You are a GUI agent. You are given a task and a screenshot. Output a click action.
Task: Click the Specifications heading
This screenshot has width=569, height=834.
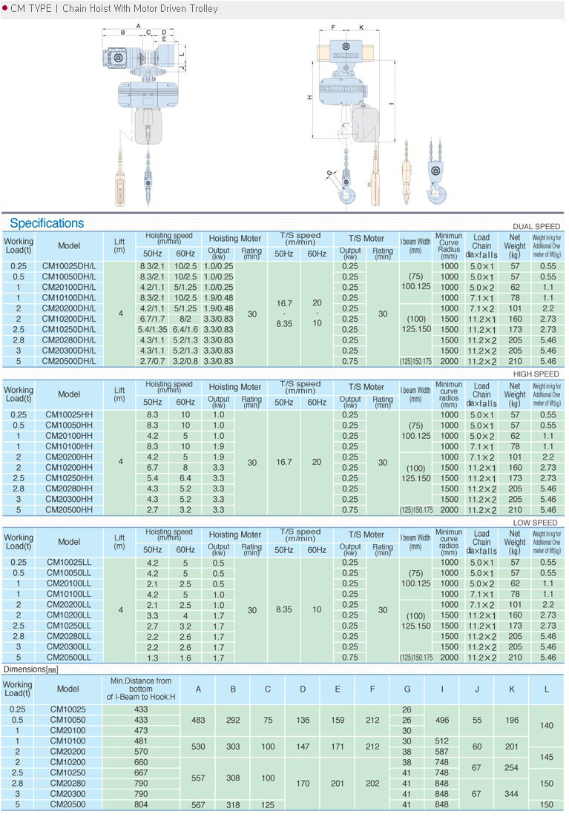coord(47,223)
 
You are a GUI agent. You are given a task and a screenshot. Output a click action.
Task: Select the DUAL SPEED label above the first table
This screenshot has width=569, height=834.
coord(536,226)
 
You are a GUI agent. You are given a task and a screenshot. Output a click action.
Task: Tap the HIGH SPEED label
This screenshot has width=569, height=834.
coord(536,374)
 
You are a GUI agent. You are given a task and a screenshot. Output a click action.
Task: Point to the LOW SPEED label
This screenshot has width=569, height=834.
coord(536,523)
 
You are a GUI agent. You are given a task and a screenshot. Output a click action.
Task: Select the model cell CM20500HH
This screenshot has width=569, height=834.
coord(69,510)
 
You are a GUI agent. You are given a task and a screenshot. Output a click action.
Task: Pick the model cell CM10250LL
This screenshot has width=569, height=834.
coord(69,626)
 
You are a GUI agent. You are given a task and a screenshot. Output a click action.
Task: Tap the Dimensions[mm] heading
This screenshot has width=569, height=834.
coord(30,669)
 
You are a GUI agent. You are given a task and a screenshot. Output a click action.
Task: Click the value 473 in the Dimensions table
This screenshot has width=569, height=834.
coord(141,730)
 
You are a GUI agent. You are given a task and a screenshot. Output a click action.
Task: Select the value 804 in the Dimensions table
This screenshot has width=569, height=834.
coord(141,804)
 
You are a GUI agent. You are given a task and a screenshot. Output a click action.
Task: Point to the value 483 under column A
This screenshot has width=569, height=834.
coord(198,720)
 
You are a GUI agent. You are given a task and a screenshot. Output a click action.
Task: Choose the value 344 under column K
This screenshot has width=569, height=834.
coord(511,793)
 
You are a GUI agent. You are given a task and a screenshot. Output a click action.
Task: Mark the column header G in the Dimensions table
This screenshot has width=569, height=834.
coord(407,689)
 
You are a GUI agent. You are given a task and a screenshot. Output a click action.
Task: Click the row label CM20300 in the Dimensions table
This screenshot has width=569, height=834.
coord(68,793)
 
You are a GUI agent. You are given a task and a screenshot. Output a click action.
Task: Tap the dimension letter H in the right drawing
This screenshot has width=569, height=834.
coord(309,97)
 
